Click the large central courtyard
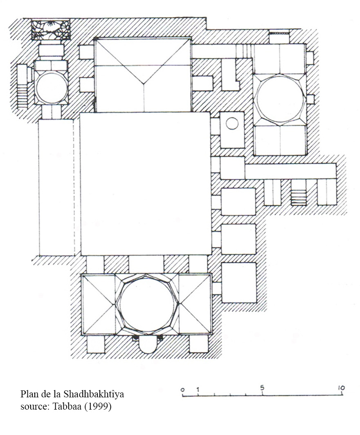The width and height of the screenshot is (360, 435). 146,183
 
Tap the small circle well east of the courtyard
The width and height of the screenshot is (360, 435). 232,123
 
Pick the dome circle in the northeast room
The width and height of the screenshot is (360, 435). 280,99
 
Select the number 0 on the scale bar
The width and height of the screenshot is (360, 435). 182,390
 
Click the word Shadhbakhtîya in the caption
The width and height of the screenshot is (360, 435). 94,394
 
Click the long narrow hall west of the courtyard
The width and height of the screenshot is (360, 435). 56,187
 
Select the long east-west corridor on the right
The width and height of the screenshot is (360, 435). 290,171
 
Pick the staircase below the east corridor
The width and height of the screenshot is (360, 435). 298,197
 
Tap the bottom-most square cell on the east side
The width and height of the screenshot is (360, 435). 239,282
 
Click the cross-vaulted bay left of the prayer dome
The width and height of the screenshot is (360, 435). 99,304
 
